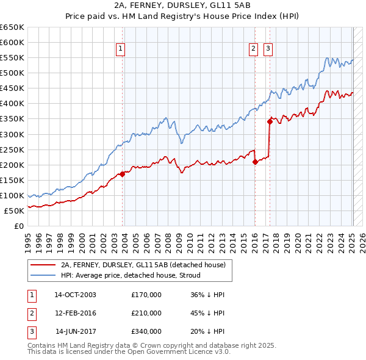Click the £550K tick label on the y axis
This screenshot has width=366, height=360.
point(12,58)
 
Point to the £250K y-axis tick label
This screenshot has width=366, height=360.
point(12,149)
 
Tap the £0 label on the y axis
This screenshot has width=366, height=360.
point(20,226)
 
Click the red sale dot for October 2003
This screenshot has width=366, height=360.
point(122,174)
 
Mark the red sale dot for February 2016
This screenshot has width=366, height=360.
point(255,162)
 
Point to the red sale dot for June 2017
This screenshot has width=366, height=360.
point(270,121)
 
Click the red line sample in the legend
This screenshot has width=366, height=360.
point(43,265)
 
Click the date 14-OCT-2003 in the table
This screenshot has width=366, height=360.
point(75,295)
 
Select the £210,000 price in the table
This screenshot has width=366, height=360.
point(146,313)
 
